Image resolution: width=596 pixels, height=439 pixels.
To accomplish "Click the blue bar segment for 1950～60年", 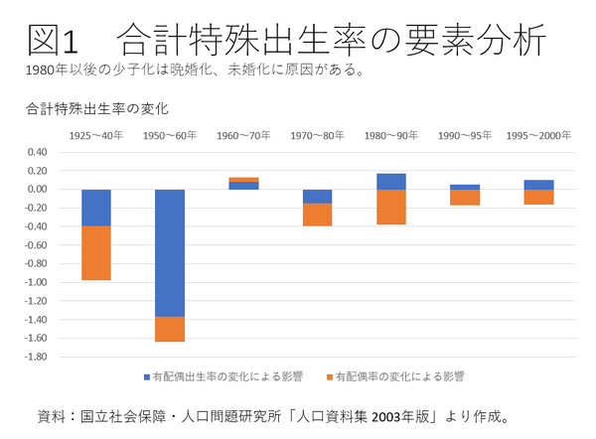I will (x=170, y=252).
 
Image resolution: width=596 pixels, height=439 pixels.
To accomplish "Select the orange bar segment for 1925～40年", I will (x=96, y=252).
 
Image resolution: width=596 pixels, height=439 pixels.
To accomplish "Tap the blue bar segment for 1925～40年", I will (x=96, y=207).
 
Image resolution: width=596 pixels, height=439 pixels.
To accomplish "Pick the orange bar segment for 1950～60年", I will (x=170, y=329).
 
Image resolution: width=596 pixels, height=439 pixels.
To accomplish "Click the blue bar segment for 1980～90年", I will (x=390, y=181).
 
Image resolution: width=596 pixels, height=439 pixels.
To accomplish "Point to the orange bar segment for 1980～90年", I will (x=390, y=207).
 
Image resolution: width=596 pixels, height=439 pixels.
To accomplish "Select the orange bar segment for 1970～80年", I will (x=317, y=215).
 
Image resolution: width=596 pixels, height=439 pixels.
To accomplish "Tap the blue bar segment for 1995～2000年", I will (x=538, y=185).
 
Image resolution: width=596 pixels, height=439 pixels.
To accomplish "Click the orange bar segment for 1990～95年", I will (x=465, y=197).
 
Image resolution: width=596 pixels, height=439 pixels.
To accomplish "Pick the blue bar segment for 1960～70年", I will (x=243, y=186).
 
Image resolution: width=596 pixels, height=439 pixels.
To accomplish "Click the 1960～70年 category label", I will (x=243, y=134).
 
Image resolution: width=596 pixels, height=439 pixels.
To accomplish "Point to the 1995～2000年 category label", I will (x=538, y=134).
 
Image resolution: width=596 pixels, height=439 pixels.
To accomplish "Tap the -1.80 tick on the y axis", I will (x=36, y=357).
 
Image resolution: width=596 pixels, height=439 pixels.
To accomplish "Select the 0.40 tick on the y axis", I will (x=38, y=152).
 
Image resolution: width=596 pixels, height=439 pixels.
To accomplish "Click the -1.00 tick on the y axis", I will (x=36, y=282).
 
